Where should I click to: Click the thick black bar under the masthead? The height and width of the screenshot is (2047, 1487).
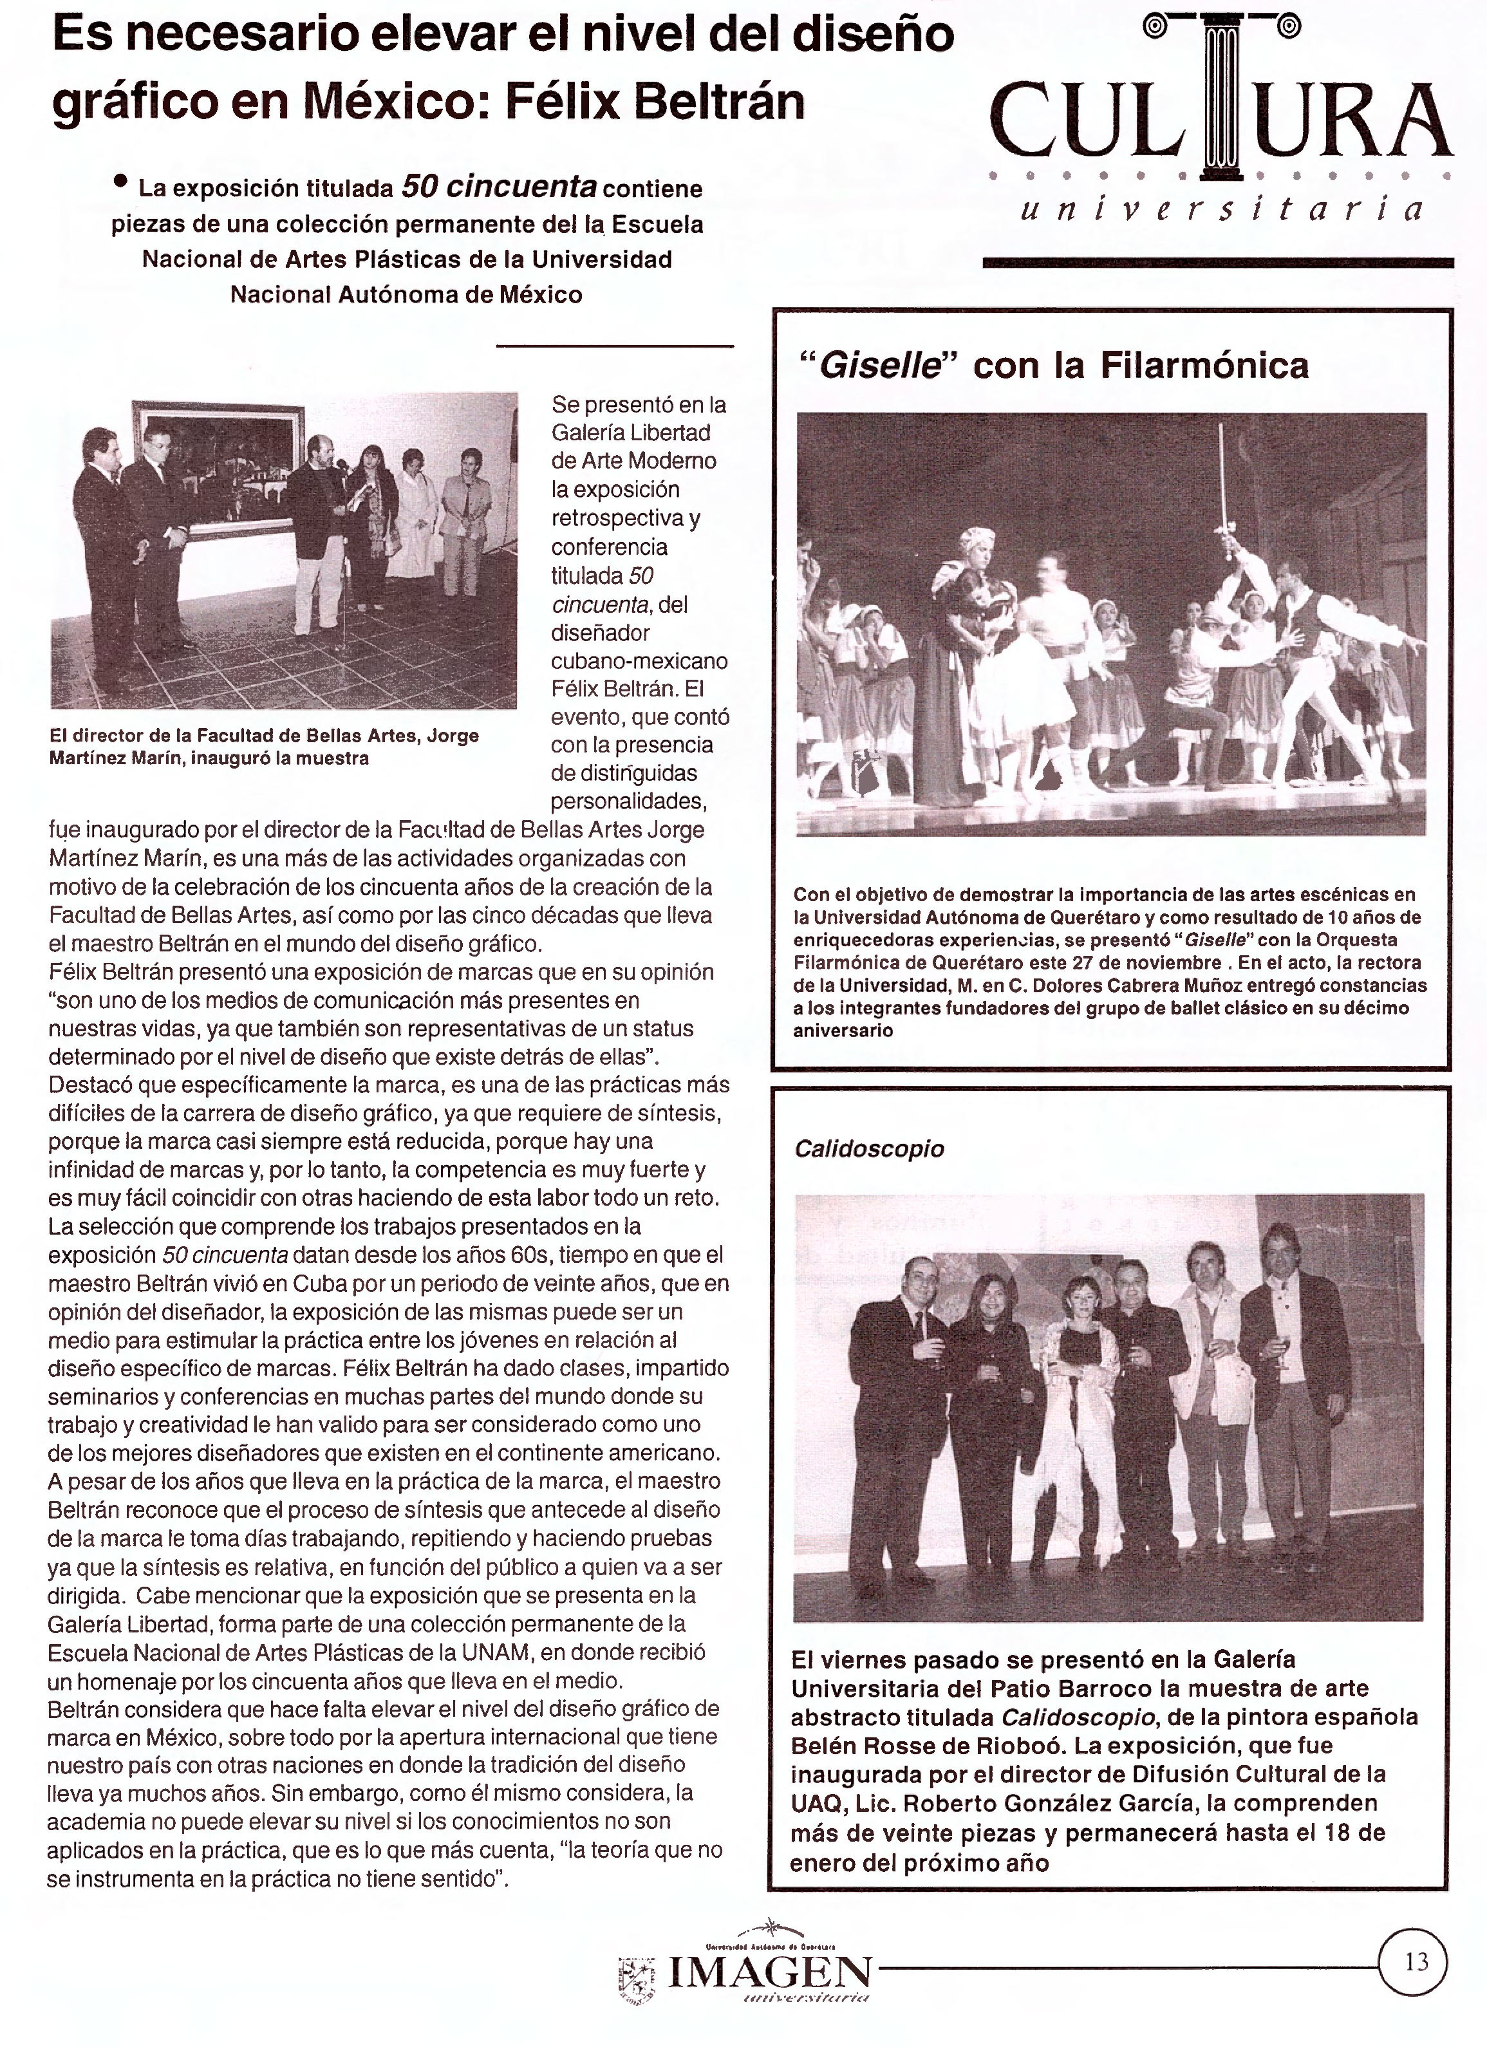click(1217, 263)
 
